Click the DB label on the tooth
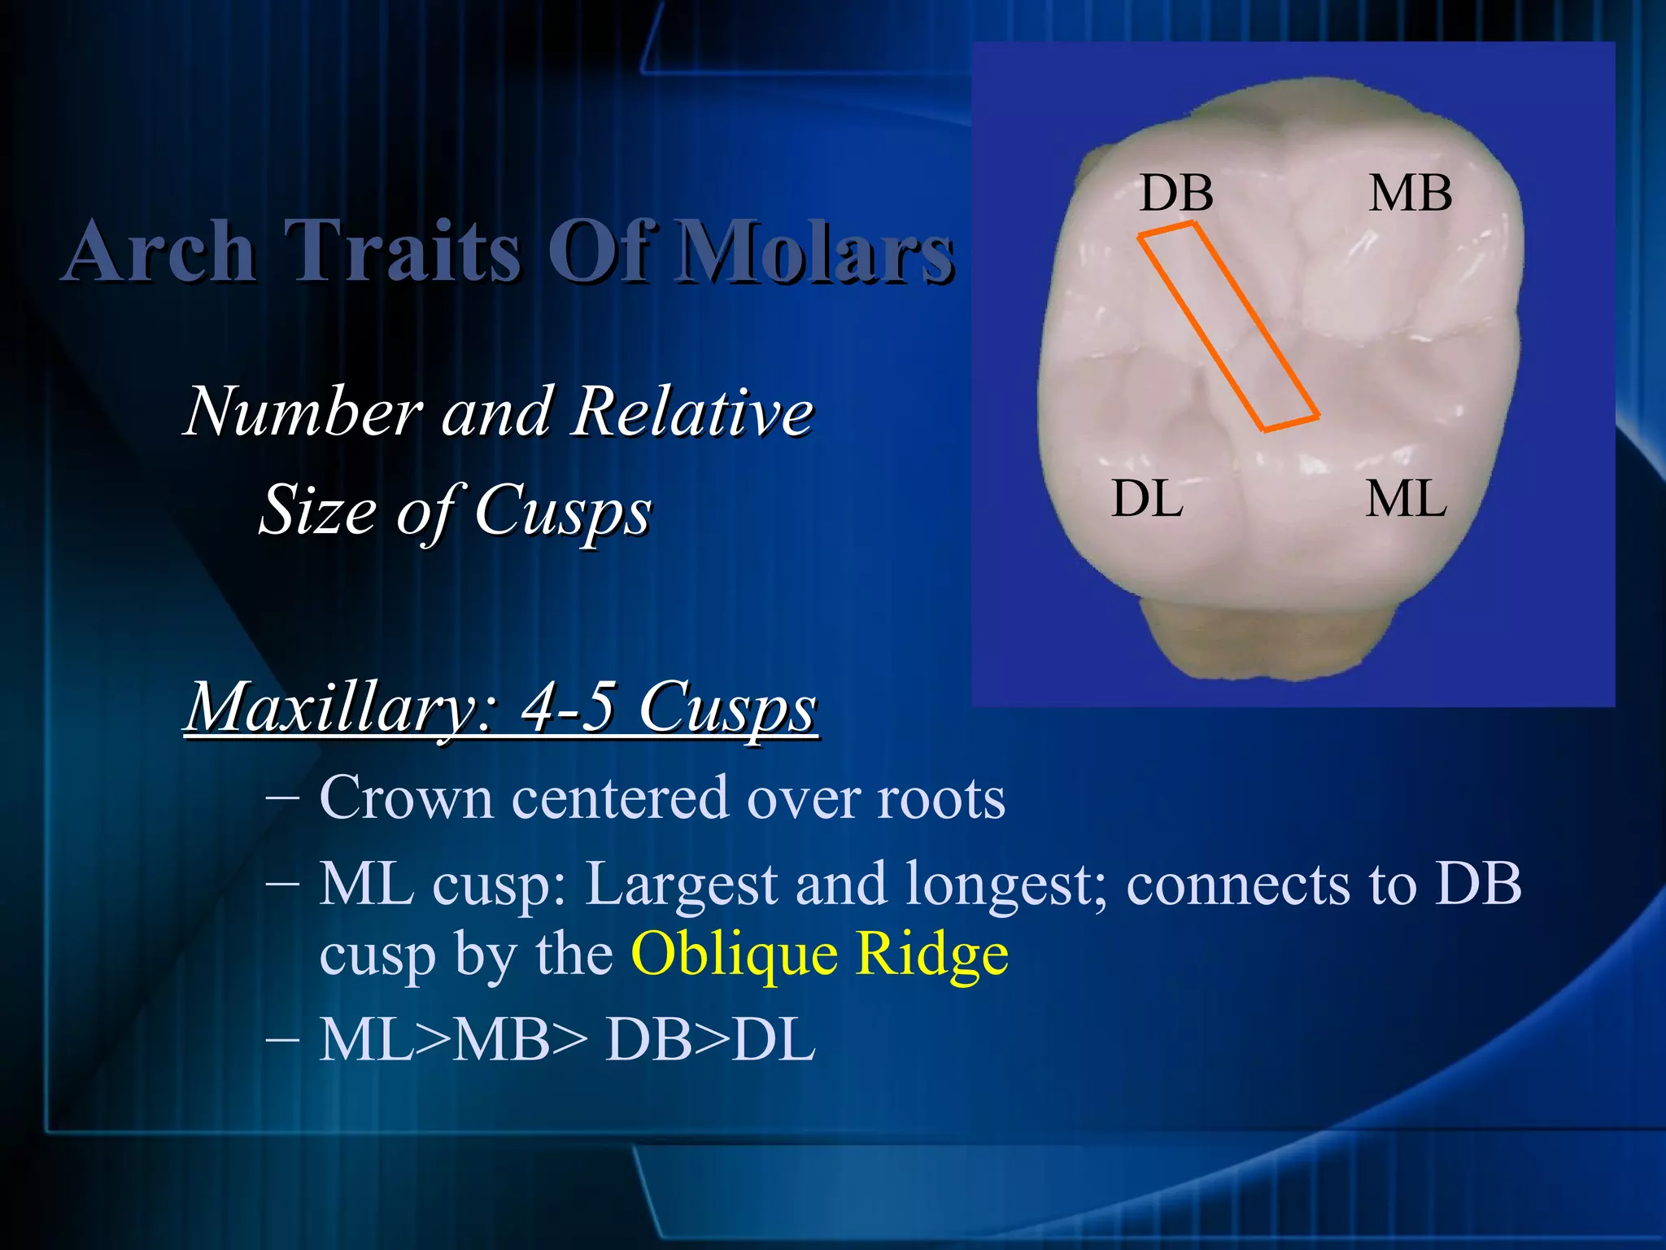[x=1175, y=194]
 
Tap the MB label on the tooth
[x=1410, y=194]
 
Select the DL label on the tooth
[x=1147, y=499]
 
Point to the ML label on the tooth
[x=1406, y=499]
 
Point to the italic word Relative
[x=691, y=411]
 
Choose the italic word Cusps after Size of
[x=562, y=511]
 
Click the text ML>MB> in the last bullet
[x=451, y=1040]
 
